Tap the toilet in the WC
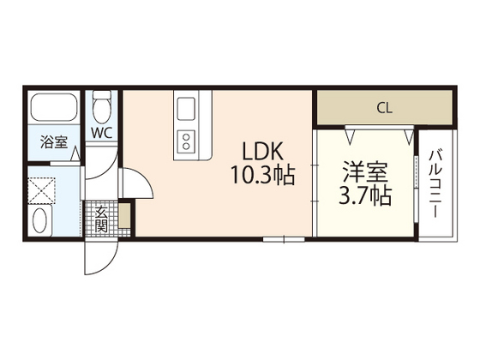click(x=103, y=109)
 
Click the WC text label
click(x=102, y=134)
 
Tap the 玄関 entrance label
click(x=100, y=219)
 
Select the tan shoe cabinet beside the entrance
click(x=125, y=216)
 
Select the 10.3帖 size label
click(x=261, y=177)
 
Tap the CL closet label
click(x=384, y=108)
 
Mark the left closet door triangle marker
click(x=350, y=133)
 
